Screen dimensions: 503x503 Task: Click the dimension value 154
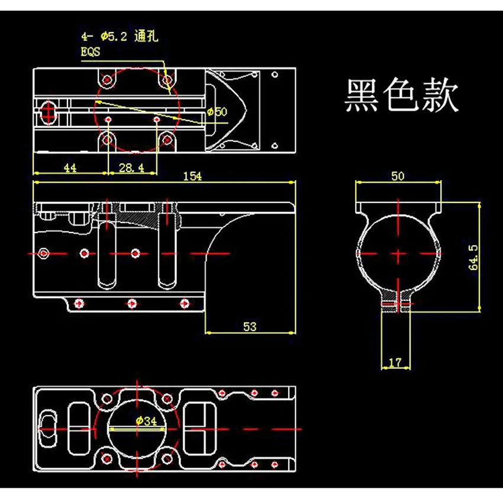point(192,176)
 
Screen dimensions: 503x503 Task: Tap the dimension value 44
point(70,167)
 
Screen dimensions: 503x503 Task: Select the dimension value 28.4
point(131,167)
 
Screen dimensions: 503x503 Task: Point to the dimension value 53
point(250,327)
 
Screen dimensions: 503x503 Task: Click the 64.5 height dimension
point(473,257)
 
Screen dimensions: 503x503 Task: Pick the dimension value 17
point(395,363)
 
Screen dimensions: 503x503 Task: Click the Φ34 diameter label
point(146,421)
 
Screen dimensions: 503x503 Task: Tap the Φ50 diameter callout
point(217,112)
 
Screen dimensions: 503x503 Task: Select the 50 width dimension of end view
point(398,176)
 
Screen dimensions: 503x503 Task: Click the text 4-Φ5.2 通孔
point(120,36)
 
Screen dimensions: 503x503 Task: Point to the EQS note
point(91,51)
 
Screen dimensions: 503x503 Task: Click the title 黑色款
point(402,95)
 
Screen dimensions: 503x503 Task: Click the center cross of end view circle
point(398,253)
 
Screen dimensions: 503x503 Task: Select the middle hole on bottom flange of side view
point(132,304)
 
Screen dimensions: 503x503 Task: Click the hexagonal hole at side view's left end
point(43,253)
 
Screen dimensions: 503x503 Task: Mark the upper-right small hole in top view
point(275,75)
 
